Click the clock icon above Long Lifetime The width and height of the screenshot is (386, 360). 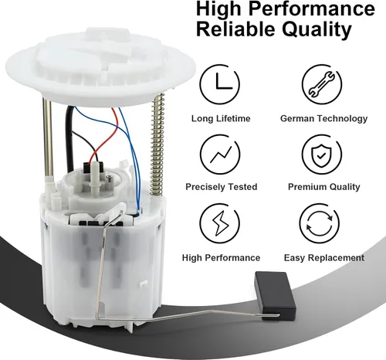(220, 84)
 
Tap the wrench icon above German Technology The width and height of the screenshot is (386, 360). (322, 84)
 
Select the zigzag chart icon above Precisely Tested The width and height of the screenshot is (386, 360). (220, 155)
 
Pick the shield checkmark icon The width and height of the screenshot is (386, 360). (322, 155)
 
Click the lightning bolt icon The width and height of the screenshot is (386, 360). (220, 223)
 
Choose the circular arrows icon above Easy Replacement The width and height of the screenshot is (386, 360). (320, 223)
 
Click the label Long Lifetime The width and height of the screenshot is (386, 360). (221, 118)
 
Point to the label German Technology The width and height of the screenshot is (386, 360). (323, 118)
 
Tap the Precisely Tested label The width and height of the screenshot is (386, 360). (222, 187)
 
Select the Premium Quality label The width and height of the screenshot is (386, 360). (324, 187)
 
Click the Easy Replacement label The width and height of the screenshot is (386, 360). (324, 257)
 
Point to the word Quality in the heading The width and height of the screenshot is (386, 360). (317, 29)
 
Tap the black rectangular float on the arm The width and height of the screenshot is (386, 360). (275, 296)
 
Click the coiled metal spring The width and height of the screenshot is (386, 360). (157, 144)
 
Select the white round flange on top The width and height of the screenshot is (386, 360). (100, 67)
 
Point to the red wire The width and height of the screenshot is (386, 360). (104, 139)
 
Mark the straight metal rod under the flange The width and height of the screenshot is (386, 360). (48, 138)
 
